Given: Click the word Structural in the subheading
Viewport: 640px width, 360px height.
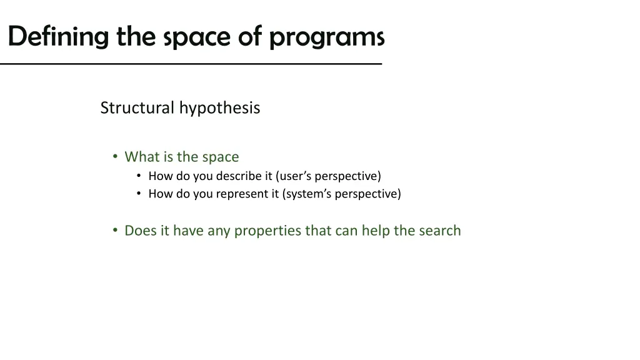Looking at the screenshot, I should [137, 107].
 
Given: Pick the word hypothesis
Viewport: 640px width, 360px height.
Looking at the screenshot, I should [219, 108].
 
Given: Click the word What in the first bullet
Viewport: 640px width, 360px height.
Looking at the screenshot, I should [141, 157].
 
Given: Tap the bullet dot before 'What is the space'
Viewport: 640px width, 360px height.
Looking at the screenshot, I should [115, 156].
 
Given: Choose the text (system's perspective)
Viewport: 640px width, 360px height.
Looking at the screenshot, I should [342, 194].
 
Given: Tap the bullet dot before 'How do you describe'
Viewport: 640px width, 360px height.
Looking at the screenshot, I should [139, 176].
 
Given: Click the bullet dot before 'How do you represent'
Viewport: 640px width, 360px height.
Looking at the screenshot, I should [139, 194].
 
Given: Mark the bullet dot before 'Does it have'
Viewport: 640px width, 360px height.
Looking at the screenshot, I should [115, 230].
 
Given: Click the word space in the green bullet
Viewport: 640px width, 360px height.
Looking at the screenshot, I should [221, 157].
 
